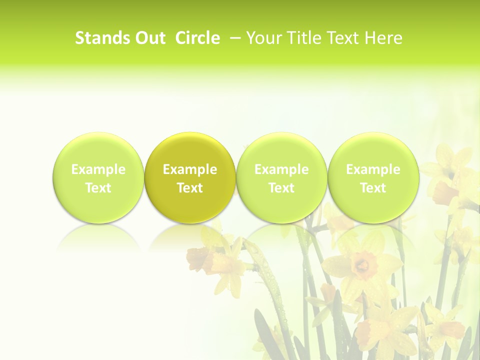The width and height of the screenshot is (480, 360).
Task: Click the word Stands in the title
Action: pos(102,38)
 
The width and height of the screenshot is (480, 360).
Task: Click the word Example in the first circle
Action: pos(98,169)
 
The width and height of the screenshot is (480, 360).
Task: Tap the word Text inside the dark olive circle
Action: pos(190,188)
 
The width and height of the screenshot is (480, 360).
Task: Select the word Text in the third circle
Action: pos(281,188)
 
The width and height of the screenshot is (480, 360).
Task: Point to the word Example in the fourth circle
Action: pos(373,169)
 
